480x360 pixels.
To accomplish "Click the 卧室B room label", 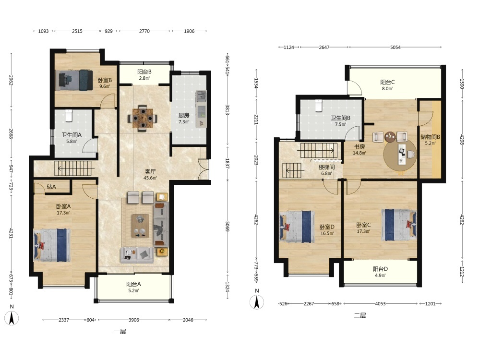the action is coord(105,80).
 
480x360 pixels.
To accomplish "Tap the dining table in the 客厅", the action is coord(142,118).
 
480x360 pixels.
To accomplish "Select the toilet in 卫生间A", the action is coord(69,116).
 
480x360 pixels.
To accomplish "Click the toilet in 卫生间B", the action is coord(319,106).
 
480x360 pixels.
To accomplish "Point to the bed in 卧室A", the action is coord(52,245).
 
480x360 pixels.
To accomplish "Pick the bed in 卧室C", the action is coord(399,225).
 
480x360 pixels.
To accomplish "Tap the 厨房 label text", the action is coord(184,115).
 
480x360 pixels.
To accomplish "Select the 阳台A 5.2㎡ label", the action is coord(133,287).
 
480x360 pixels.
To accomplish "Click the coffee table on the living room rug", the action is coord(140,226).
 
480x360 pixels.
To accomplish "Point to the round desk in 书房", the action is coord(400,155).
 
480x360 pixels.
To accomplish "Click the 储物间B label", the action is coord(430,137).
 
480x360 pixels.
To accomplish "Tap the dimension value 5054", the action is coord(395,47).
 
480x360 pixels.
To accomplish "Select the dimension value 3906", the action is coord(133,320).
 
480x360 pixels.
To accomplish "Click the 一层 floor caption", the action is coord(120,331).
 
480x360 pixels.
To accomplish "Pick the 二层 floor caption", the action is coord(360,315).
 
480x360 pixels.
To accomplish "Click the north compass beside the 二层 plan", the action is coord(257,302).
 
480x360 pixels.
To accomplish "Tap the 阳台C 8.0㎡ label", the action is coord(387,85).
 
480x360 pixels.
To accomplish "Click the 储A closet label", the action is coord(51,186).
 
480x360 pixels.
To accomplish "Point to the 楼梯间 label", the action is coord(326,167).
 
